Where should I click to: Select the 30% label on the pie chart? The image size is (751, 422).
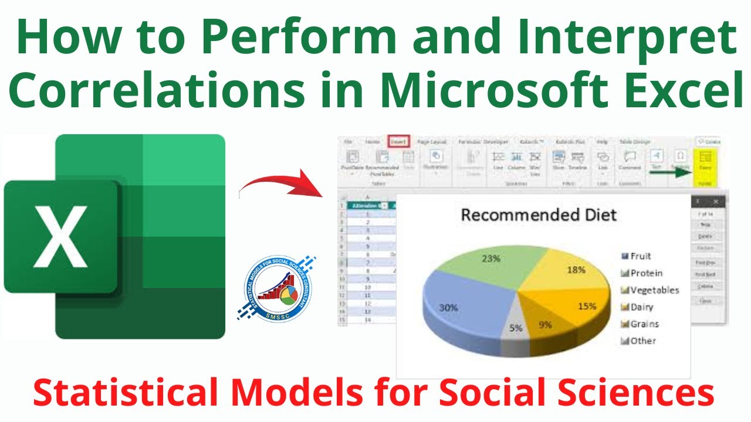[x=448, y=307]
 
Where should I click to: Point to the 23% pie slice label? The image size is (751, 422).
[x=491, y=258]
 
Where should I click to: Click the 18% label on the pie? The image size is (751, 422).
[x=576, y=270]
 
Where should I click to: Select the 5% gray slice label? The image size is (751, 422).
[x=515, y=328]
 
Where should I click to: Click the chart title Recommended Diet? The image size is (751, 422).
[x=539, y=215]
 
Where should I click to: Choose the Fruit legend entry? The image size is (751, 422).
[x=640, y=256]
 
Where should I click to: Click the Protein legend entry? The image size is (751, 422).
[x=646, y=273]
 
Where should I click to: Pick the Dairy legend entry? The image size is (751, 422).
[x=641, y=307]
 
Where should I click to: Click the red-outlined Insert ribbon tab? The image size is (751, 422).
[x=398, y=142]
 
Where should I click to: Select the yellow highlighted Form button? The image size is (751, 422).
[x=706, y=161]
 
